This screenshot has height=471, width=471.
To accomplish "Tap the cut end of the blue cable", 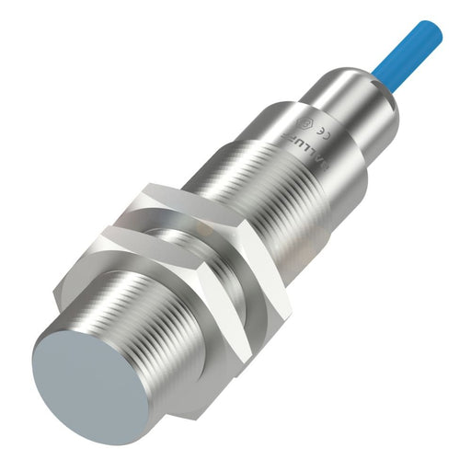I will click(x=433, y=33).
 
